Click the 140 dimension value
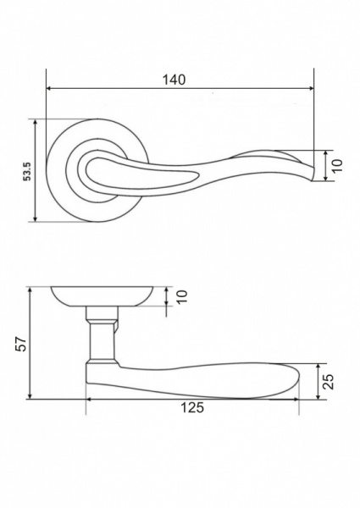pyautogui.click(x=174, y=80)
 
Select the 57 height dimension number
pyautogui.click(x=21, y=344)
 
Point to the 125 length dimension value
pyautogui.click(x=192, y=407)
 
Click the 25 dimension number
pyautogui.click(x=329, y=381)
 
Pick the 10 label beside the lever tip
pyautogui.click(x=337, y=166)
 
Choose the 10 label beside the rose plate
pyautogui.click(x=182, y=296)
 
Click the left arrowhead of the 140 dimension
pyautogui.click(x=49, y=88)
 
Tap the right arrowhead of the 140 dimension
pyautogui.click(x=311, y=88)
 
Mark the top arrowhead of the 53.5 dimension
pyautogui.click(x=36, y=122)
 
